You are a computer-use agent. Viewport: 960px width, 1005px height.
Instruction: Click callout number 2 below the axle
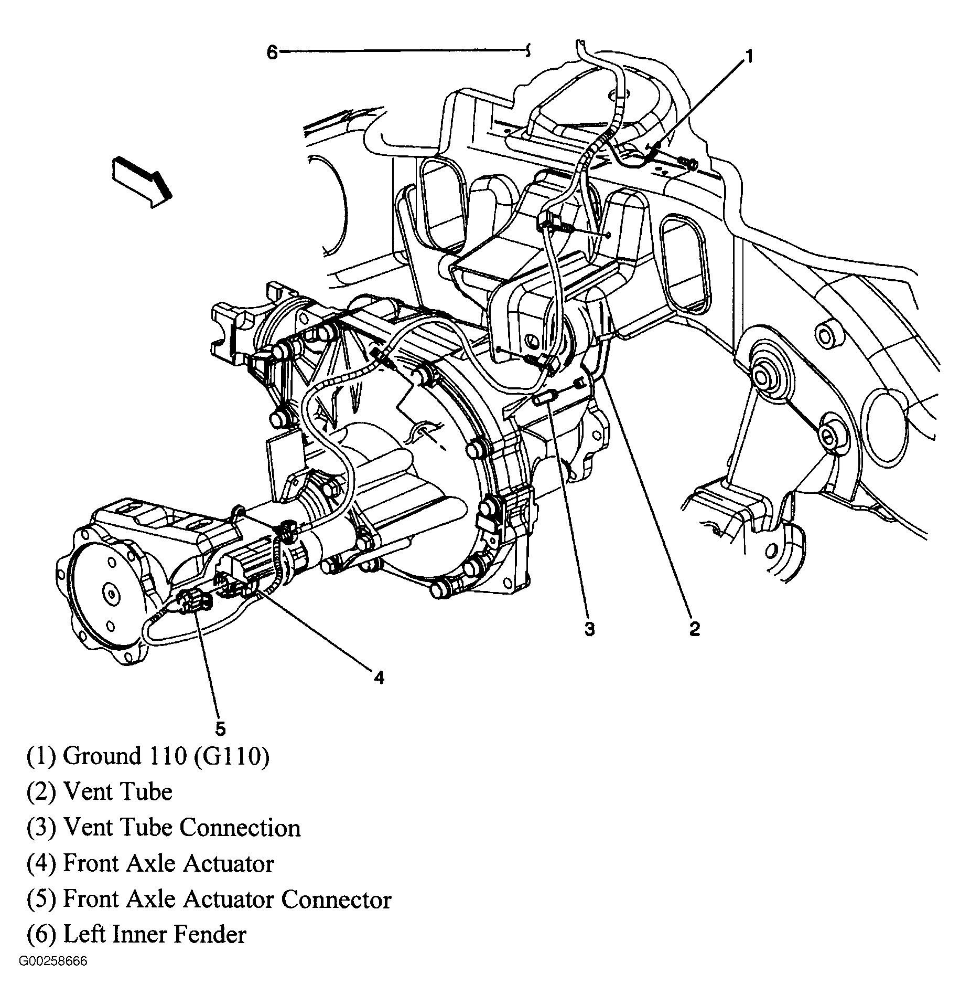pyautogui.click(x=694, y=628)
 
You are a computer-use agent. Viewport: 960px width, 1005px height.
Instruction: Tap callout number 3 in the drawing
pyautogui.click(x=589, y=629)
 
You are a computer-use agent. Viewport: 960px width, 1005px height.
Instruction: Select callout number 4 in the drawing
pyautogui.click(x=379, y=678)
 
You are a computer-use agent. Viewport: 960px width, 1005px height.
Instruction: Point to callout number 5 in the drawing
pyautogui.click(x=220, y=729)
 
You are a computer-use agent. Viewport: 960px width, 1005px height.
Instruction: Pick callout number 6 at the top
pyautogui.click(x=272, y=52)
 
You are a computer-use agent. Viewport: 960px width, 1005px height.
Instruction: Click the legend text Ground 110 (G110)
pyautogui.click(x=148, y=756)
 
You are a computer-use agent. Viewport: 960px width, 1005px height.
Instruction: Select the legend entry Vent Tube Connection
pyautogui.click(x=164, y=828)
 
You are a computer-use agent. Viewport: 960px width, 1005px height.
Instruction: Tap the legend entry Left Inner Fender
pyautogui.click(x=136, y=935)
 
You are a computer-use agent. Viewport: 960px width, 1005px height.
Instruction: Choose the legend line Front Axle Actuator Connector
pyautogui.click(x=209, y=899)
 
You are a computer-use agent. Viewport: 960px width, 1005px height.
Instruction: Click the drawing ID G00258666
pyautogui.click(x=53, y=961)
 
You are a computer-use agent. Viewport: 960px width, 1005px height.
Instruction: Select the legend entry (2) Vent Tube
pyautogui.click(x=100, y=792)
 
